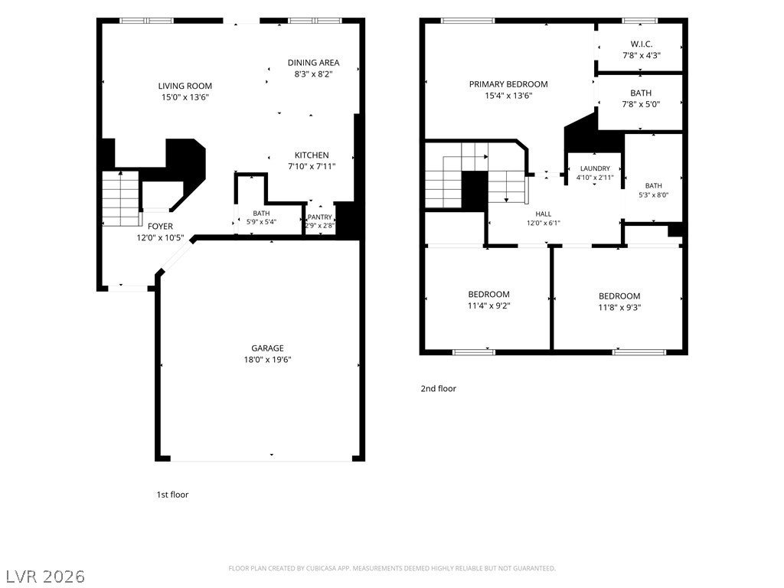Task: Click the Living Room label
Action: [185, 86]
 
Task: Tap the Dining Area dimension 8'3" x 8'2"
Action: [313, 74]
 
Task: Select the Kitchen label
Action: [312, 155]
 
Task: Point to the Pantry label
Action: [319, 217]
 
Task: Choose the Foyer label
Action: [160, 227]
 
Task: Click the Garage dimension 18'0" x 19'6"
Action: [267, 360]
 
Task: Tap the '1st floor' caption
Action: [172, 495]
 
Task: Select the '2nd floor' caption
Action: [439, 388]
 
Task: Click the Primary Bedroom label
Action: [508, 84]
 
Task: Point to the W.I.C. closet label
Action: [642, 44]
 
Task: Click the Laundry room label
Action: [595, 168]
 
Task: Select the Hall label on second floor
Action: [544, 214]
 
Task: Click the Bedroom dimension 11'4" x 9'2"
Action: [489, 306]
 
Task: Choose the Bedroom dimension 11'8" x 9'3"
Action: [619, 308]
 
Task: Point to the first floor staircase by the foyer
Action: [120, 198]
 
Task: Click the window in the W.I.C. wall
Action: [640, 21]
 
